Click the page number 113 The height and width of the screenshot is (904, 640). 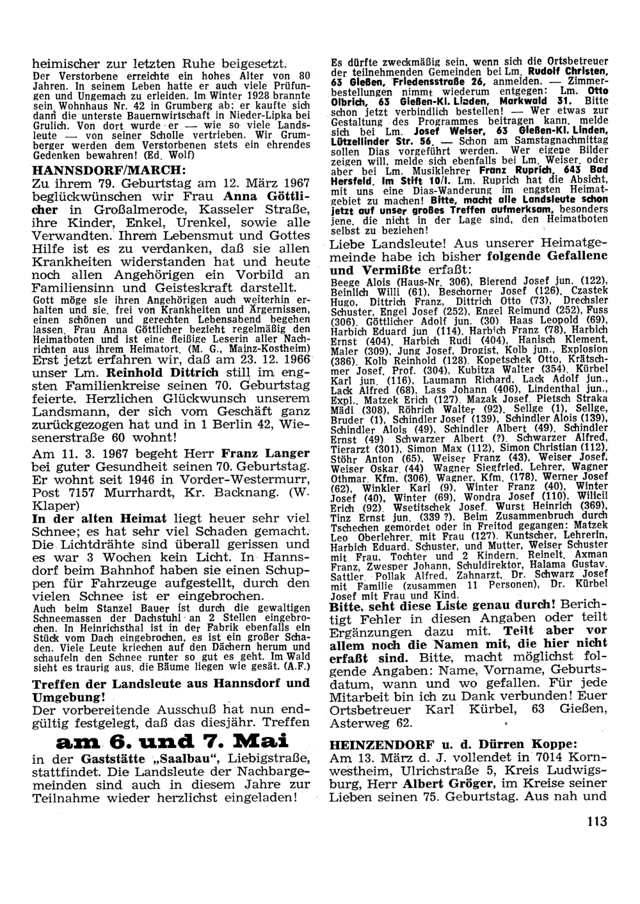tap(595, 821)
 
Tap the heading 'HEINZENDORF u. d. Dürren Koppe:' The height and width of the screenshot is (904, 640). tap(454, 744)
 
